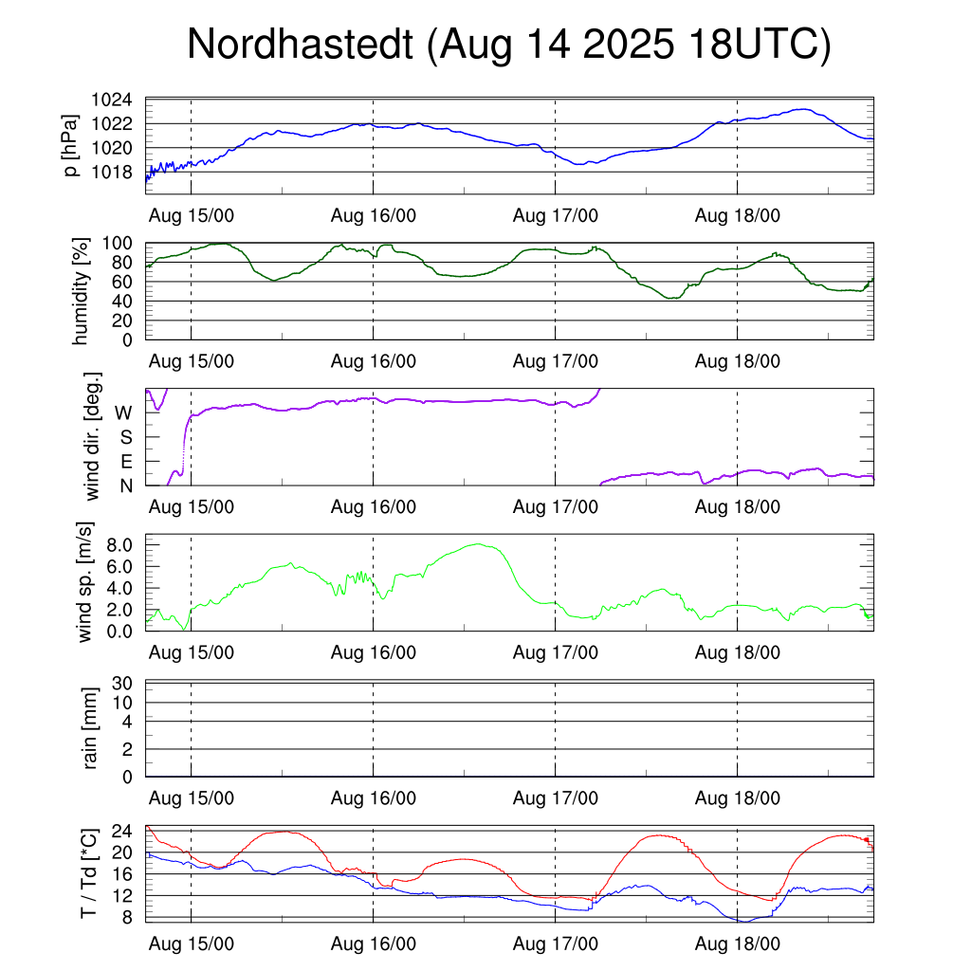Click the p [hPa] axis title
click(x=71, y=146)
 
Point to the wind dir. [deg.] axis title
click(x=94, y=437)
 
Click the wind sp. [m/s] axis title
click(x=86, y=582)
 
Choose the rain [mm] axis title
click(x=92, y=728)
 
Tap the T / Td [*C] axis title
click(x=88, y=873)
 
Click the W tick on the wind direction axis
click(x=123, y=413)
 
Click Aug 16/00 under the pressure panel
click(x=374, y=216)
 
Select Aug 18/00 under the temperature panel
click(x=738, y=944)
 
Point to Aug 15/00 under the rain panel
click(x=192, y=798)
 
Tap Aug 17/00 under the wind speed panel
click(x=556, y=653)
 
